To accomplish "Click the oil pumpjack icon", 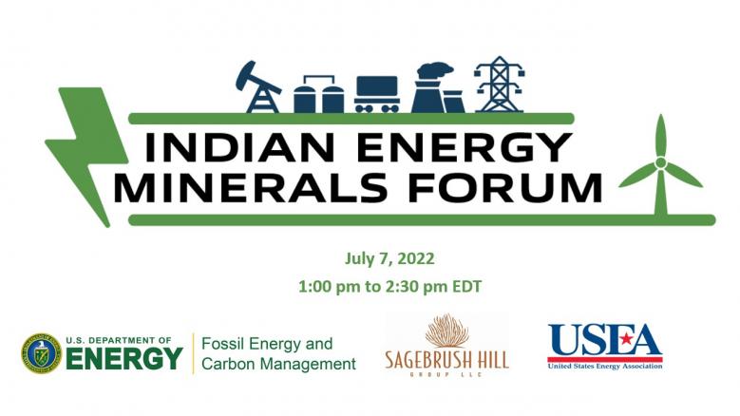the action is [257, 86].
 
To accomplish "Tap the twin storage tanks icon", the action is [318, 94].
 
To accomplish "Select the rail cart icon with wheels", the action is [377, 94].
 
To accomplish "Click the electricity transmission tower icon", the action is [500, 85].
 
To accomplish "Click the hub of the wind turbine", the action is [661, 162].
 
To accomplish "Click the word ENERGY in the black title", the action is [465, 147].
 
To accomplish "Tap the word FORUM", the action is [505, 188].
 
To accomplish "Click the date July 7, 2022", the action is [389, 259].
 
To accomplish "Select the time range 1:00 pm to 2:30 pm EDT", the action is [389, 286].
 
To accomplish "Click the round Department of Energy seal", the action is [42, 353].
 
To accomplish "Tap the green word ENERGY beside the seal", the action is [124, 358].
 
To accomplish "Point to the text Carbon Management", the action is [278, 364].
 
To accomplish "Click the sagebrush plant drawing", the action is [446, 331].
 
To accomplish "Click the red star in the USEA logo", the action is [626, 339].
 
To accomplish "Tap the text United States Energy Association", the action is [605, 366].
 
